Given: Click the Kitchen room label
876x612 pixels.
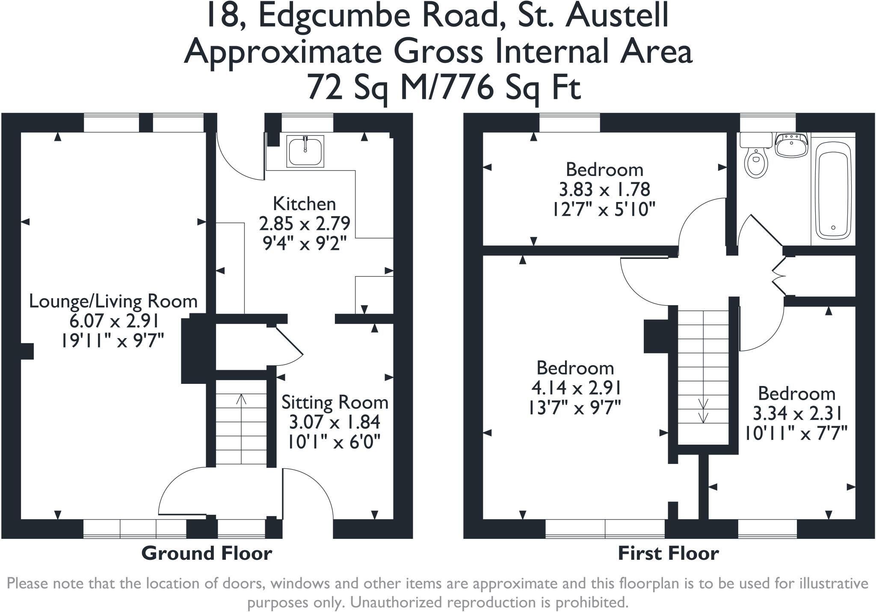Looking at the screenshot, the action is pyautogui.click(x=305, y=204).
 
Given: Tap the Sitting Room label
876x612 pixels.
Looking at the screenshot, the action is pyautogui.click(x=335, y=403).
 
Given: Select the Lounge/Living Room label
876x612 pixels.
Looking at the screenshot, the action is pyautogui.click(x=113, y=302).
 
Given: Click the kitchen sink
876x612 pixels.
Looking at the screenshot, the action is pyautogui.click(x=305, y=151).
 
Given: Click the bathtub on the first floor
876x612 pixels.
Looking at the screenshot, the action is pyautogui.click(x=832, y=190).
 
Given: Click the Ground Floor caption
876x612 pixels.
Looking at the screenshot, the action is pyautogui.click(x=207, y=553).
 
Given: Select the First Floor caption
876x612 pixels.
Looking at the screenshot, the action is pyautogui.click(x=668, y=553).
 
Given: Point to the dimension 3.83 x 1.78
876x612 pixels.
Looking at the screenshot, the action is pyautogui.click(x=604, y=189).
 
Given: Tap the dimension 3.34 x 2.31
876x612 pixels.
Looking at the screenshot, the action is pyautogui.click(x=797, y=414).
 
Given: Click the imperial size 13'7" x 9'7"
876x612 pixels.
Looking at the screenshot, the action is pyautogui.click(x=575, y=407).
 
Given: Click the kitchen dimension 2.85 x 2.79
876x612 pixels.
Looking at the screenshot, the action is pyautogui.click(x=305, y=223).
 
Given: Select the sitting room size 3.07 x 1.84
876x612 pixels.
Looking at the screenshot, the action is pyautogui.click(x=335, y=422).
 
